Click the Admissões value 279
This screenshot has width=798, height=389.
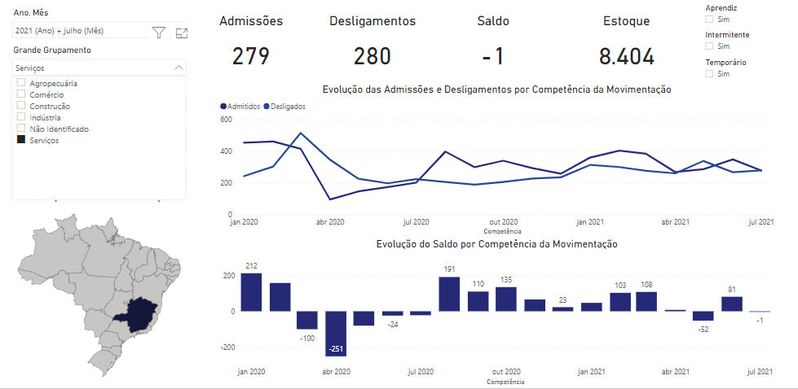(x=250, y=56)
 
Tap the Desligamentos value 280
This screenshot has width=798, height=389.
(x=372, y=56)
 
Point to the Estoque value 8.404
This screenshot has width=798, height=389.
(x=626, y=56)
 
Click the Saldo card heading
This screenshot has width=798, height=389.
(x=493, y=21)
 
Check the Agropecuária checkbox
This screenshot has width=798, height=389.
(x=21, y=83)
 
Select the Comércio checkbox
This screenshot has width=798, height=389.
(x=21, y=94)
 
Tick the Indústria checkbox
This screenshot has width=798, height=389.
(x=21, y=117)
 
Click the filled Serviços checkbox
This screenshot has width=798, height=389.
(x=21, y=140)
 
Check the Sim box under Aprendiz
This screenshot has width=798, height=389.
(x=709, y=19)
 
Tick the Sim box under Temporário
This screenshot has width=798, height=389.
(x=709, y=74)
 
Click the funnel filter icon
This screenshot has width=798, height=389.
(x=159, y=33)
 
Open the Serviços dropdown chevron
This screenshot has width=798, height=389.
(x=179, y=68)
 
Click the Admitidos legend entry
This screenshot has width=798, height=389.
(x=241, y=106)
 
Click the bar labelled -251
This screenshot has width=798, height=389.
(x=336, y=334)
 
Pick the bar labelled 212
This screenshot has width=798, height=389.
(x=251, y=292)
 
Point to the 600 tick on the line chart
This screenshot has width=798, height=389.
(x=226, y=120)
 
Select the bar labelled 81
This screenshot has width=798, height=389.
(x=731, y=304)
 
